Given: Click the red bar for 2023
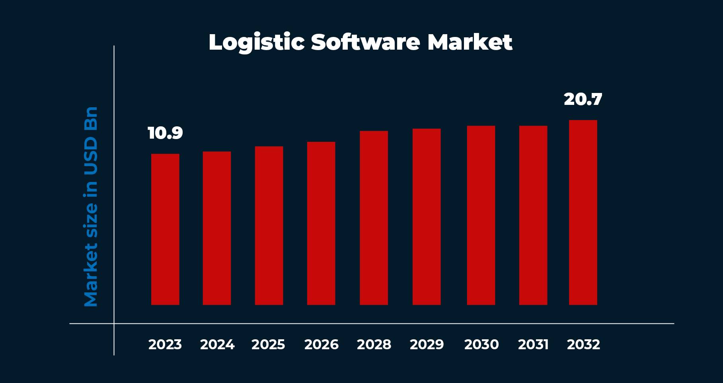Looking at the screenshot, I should (x=165, y=229).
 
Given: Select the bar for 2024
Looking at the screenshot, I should (x=217, y=228).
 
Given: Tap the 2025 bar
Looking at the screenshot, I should (x=269, y=226).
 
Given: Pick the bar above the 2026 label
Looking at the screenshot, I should (x=321, y=223).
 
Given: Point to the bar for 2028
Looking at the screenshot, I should (x=374, y=218).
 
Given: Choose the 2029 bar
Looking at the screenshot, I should (x=427, y=217).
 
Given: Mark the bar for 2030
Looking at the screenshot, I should (x=481, y=215).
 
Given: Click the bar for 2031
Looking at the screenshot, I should (x=533, y=215).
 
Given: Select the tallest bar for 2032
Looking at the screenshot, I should (x=583, y=213).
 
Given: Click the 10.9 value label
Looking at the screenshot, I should (x=165, y=133).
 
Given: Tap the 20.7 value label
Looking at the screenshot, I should (x=583, y=99).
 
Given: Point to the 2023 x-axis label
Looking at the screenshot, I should (x=165, y=344).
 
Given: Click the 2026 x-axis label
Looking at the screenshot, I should (x=321, y=344).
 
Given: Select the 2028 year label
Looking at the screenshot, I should (x=374, y=344).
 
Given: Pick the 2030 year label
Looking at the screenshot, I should (x=481, y=344).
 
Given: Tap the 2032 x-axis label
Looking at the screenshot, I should (x=583, y=344).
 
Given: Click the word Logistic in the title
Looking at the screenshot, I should (x=256, y=43).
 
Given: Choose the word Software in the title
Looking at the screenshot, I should (x=365, y=42).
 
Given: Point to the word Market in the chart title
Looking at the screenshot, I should (x=470, y=42).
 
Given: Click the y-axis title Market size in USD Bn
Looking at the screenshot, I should (x=91, y=207).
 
